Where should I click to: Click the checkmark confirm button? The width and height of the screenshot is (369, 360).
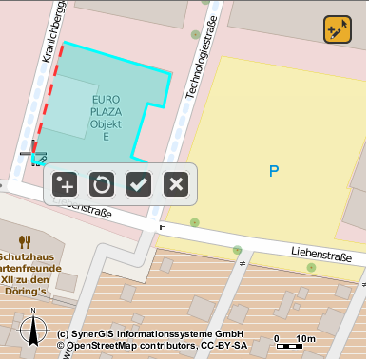tap(139, 184)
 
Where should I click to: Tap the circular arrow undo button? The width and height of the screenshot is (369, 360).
tap(102, 184)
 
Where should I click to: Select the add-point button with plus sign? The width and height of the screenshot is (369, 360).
tap(65, 184)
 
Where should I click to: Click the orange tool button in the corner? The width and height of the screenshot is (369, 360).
tap(338, 29)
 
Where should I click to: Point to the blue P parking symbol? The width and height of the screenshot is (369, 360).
tap(274, 171)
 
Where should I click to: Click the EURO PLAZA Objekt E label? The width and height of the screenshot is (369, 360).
tap(107, 118)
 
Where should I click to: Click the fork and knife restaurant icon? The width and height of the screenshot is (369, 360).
tap(26, 241)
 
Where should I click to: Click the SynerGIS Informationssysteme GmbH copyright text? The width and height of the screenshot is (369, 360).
tap(150, 335)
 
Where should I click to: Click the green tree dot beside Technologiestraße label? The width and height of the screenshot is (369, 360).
tap(196, 35)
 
